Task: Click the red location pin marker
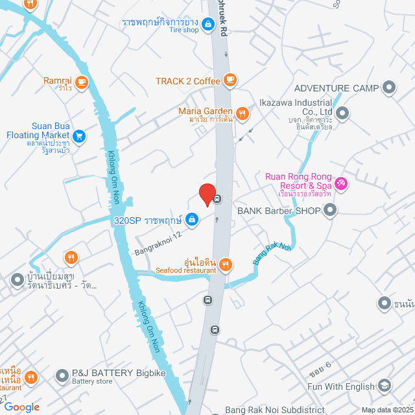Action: coord(207,195)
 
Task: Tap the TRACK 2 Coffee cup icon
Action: coord(230,80)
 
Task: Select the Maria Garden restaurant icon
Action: coord(243,114)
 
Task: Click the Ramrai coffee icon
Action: coord(81,81)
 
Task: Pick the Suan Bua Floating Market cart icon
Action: coord(79,136)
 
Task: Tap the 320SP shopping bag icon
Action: coord(191,220)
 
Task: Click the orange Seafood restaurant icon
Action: coord(226,263)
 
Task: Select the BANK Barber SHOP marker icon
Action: coord(331,210)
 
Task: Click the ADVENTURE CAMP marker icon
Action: coord(389,88)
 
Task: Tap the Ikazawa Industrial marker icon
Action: coord(343,114)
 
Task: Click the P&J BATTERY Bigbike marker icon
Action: coord(62,375)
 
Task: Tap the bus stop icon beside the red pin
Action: coord(218,200)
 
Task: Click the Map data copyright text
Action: coord(387,410)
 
